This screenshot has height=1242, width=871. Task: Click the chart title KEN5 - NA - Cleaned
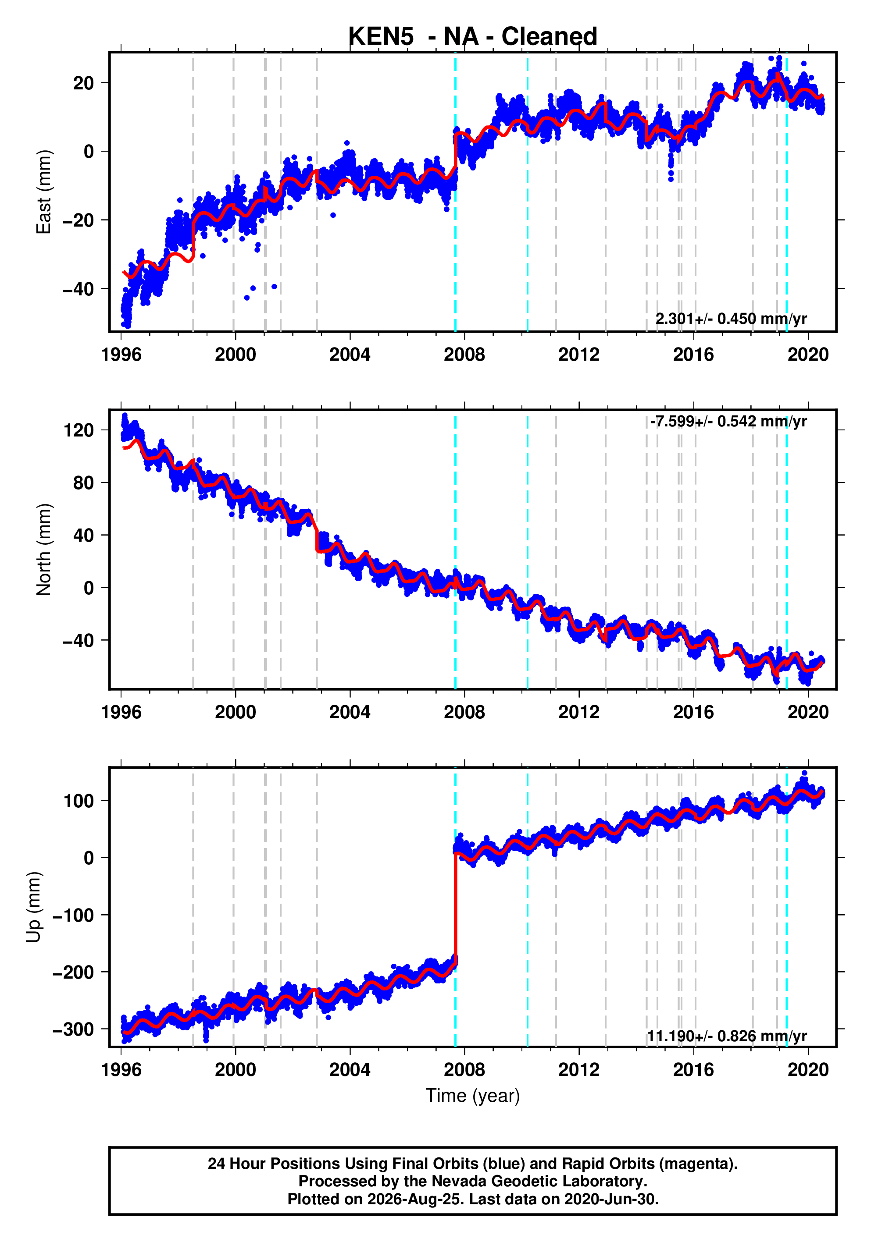coord(473,36)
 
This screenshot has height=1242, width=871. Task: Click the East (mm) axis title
coord(43,192)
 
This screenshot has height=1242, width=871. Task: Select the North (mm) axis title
coord(43,550)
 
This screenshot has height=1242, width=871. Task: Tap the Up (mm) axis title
coord(34,907)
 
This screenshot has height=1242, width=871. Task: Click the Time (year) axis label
coord(473,1095)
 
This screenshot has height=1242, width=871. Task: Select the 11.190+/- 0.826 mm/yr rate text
coord(727,1036)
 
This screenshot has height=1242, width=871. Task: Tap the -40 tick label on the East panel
coord(78,289)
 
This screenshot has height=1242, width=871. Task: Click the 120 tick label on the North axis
coord(79,431)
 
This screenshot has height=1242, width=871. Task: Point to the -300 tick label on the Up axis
coord(73,1029)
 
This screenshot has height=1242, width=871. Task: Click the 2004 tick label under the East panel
coord(350,355)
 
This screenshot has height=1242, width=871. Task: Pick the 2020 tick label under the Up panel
coord(808,1070)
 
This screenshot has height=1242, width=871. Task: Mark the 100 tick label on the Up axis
coord(79,801)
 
